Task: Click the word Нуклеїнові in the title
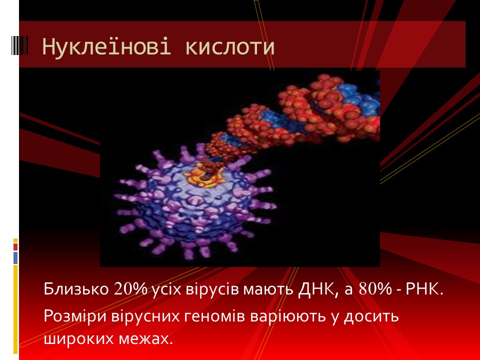point(106,46)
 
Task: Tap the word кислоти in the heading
point(230,47)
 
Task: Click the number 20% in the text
point(130,288)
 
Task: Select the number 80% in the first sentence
point(375,288)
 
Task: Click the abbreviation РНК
point(424,289)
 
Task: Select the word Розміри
point(75,316)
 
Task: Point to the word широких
point(78,339)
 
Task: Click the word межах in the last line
point(143,339)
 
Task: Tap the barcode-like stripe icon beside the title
point(19,45)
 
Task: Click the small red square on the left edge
point(15,246)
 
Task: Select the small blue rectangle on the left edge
point(15,258)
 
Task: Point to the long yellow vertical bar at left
point(15,309)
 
